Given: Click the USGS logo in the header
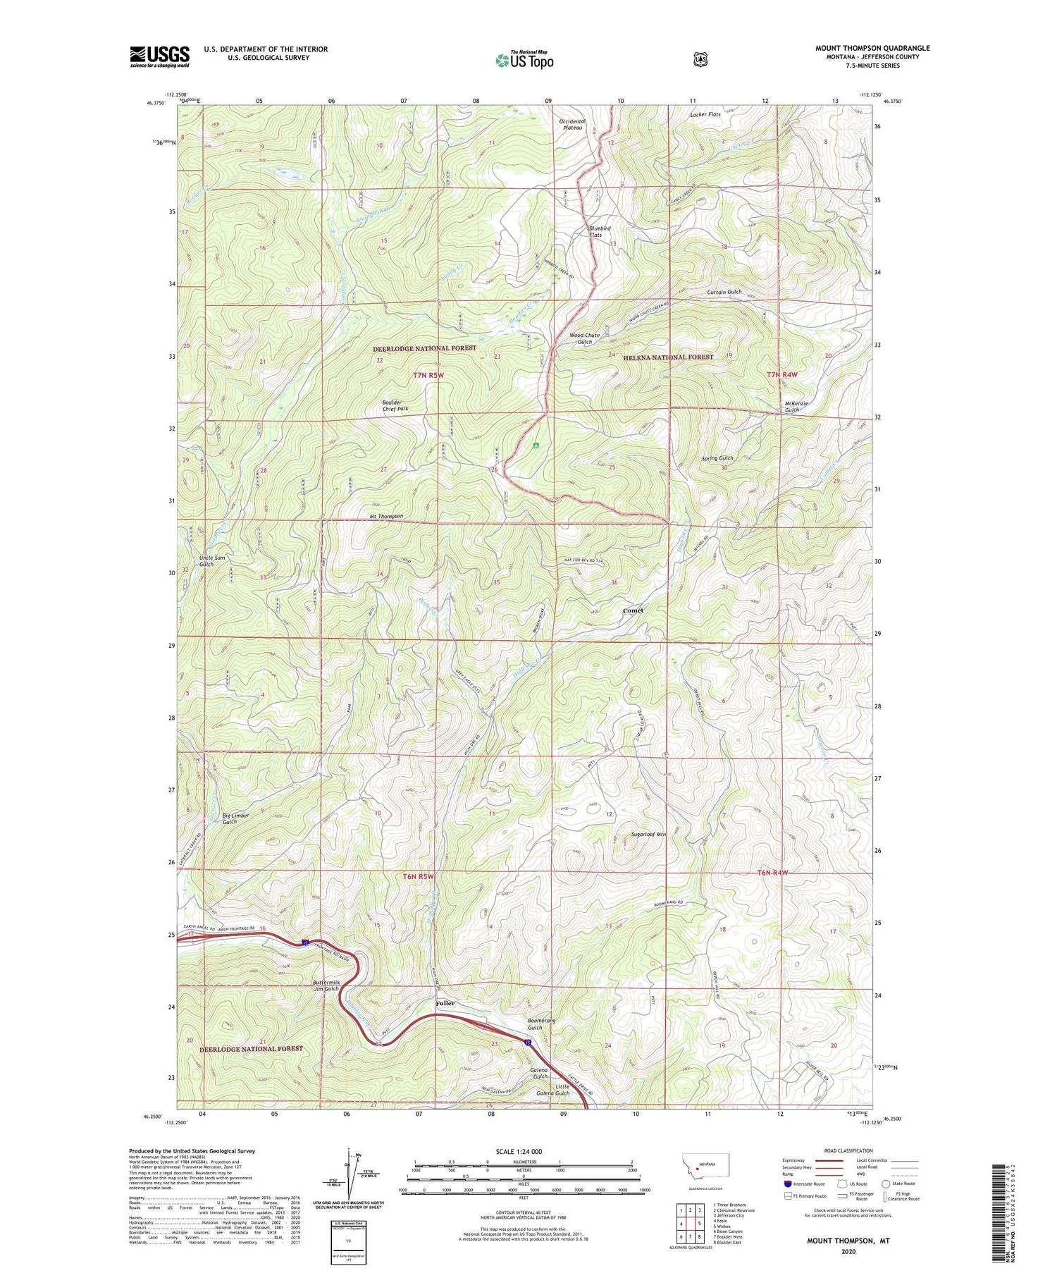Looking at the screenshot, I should coord(159,56).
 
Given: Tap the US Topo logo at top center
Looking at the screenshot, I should coord(524,59).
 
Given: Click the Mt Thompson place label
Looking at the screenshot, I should coord(386,516).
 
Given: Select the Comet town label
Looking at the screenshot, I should coord(633,610).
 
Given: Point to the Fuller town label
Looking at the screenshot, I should coord(445,1003).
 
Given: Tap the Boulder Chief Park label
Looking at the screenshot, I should coord(395,405).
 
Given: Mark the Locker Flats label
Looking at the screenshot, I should coord(705,114).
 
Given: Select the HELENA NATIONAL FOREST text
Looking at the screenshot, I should coord(668,357).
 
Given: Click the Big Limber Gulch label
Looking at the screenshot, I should coord(235,818).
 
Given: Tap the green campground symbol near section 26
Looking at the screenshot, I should coord(536,446).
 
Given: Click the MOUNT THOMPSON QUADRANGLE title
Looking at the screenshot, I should coord(872,48).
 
